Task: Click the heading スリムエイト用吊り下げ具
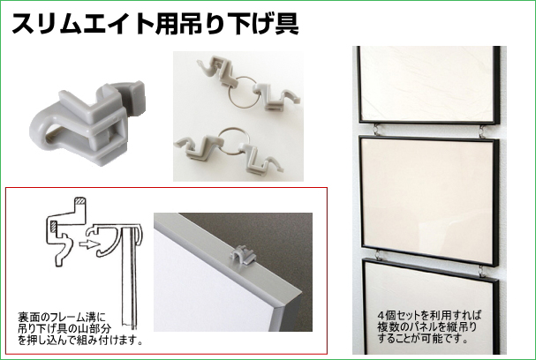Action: (x=155, y=24)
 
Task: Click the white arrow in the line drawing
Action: (x=87, y=244)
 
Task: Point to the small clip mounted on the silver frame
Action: (x=242, y=256)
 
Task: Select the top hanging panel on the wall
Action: (x=428, y=85)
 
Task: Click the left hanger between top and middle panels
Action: (x=376, y=129)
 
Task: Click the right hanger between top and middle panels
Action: (x=481, y=131)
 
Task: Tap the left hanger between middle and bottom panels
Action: (x=379, y=255)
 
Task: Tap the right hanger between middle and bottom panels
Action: (x=482, y=271)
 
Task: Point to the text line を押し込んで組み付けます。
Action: (x=80, y=341)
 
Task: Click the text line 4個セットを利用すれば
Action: (x=430, y=314)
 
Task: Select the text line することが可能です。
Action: (x=422, y=339)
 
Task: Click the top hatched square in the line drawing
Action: (x=80, y=201)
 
